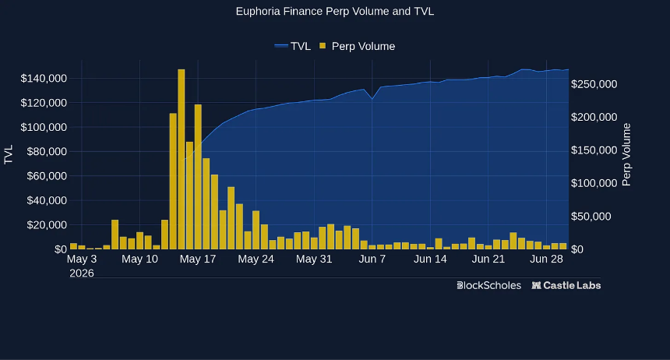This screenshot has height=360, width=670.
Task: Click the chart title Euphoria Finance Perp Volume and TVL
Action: click(x=334, y=12)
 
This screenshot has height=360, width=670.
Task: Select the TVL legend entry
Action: click(x=293, y=46)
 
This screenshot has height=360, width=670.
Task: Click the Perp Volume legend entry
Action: click(x=358, y=46)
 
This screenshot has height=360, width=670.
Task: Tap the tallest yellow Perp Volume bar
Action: click(x=182, y=159)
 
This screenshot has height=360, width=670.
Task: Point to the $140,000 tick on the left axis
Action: click(x=44, y=78)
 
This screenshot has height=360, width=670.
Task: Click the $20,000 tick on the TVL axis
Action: click(x=47, y=225)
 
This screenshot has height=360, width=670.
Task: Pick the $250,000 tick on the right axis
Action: click(x=594, y=84)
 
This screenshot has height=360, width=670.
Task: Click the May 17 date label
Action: click(x=198, y=259)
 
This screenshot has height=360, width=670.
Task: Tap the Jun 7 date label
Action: click(x=372, y=259)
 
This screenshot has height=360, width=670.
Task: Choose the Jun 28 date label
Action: click(x=546, y=259)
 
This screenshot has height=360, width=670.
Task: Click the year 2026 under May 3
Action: click(x=82, y=274)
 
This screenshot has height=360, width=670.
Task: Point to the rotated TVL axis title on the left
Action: click(x=9, y=154)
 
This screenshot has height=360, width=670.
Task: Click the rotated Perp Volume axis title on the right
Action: click(x=626, y=155)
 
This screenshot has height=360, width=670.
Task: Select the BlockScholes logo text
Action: click(x=488, y=286)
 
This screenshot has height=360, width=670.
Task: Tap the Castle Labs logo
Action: click(x=566, y=286)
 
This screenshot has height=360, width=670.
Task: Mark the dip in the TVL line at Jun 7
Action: click(x=372, y=99)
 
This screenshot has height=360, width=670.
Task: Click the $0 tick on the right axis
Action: click(x=577, y=249)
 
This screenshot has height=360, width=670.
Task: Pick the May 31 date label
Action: click(x=314, y=259)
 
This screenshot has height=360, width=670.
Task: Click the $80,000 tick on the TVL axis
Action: click(x=47, y=152)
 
